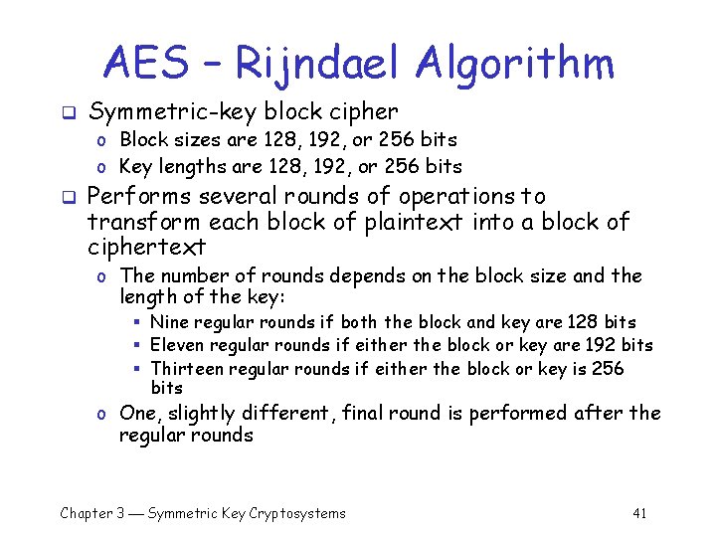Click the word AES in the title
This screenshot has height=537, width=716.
pos(145,64)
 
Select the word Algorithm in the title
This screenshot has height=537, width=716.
pos(515,64)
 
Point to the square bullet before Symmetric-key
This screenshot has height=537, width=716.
pos(67,113)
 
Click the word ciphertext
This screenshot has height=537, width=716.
pos(146,246)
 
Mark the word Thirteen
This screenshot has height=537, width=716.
pos(188,368)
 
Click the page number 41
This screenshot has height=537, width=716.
pos(639,513)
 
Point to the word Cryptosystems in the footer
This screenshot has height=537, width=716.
pos(296,513)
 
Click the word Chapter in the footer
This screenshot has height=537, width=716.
pos(86,513)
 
